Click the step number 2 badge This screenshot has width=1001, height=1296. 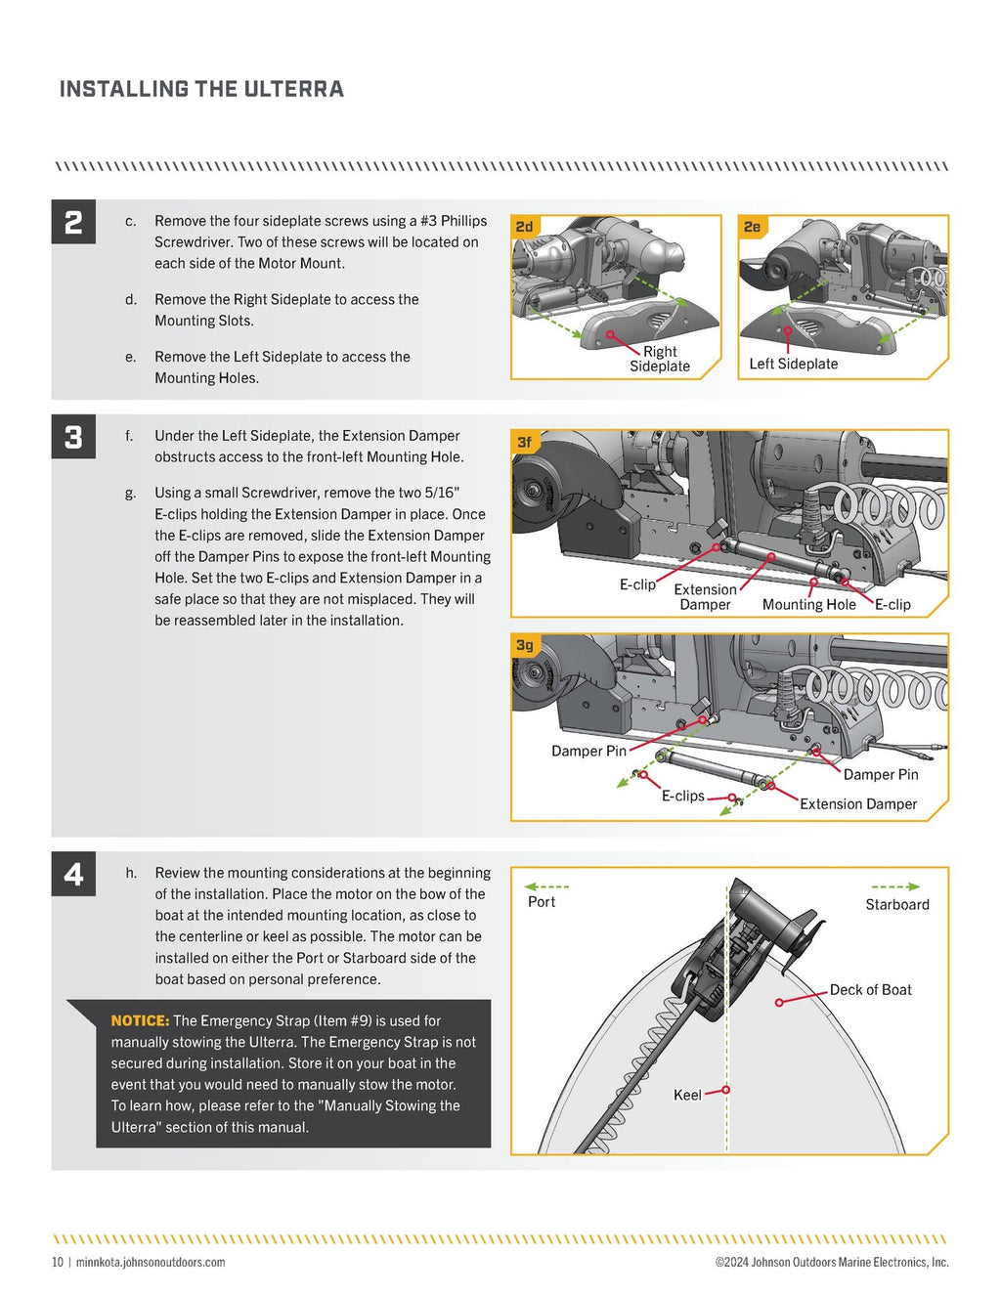[x=73, y=222]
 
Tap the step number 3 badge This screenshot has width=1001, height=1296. [x=73, y=437]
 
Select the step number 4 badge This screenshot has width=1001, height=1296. [x=73, y=874]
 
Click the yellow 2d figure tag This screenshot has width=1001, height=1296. [x=525, y=227]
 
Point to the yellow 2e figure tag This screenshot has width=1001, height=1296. [x=752, y=227]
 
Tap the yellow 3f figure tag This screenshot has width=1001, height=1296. [x=525, y=442]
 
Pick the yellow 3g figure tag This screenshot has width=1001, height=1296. [x=525, y=645]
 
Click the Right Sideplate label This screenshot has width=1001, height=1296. [x=660, y=359]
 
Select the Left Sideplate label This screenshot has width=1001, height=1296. [x=793, y=364]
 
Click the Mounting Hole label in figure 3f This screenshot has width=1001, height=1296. [x=808, y=604]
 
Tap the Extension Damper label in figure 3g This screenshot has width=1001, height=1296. [x=858, y=803]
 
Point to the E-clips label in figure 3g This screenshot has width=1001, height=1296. [x=682, y=796]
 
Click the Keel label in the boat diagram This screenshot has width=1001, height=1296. [x=687, y=1095]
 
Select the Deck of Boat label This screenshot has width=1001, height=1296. [x=870, y=989]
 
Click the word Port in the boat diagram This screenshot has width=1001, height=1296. [x=541, y=901]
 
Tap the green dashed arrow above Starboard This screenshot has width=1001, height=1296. [x=894, y=886]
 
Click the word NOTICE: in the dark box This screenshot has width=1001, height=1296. [x=140, y=1020]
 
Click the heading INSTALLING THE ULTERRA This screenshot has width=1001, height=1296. [x=201, y=89]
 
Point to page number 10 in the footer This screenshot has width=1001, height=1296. [x=58, y=1262]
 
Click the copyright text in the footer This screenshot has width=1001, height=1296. [x=831, y=1262]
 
